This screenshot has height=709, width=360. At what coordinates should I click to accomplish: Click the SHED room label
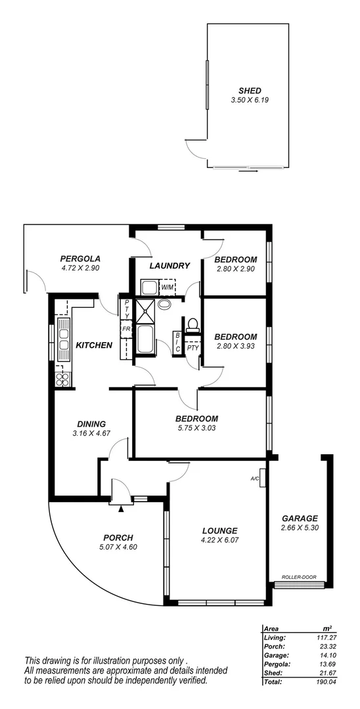250,91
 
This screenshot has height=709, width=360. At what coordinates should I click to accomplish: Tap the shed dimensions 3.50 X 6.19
250,100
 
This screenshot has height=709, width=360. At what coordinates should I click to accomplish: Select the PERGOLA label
79,258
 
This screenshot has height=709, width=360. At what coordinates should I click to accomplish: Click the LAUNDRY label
169,266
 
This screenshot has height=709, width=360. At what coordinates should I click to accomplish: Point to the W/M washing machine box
168,288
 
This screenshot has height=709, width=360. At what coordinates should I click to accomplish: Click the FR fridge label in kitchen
125,330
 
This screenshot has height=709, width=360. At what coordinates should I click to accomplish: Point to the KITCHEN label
94,345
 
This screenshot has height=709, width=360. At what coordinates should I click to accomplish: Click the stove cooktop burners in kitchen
63,378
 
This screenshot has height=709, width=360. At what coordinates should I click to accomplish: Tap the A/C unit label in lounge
255,479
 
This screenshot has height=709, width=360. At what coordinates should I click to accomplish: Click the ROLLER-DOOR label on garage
299,578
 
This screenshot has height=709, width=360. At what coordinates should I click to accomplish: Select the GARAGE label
299,518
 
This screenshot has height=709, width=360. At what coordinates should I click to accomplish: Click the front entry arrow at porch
121,507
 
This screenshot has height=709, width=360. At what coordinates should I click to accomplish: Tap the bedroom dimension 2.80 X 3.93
235,347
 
